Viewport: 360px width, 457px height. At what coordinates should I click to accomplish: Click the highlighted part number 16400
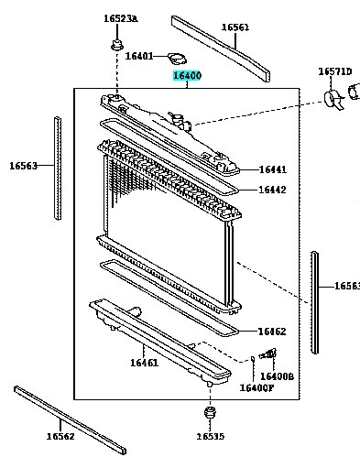click(187, 75)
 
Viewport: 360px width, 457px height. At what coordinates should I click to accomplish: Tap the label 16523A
click(121, 18)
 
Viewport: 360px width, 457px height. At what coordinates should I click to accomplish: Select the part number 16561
click(235, 27)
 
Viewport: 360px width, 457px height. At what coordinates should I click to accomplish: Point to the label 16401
click(139, 56)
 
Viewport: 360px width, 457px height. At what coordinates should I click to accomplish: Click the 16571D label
click(335, 71)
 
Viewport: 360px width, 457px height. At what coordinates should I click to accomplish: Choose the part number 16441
click(273, 169)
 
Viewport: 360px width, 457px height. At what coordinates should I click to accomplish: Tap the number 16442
click(272, 190)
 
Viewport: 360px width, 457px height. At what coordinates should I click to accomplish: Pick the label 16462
click(272, 332)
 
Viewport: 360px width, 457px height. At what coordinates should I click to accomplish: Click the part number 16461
click(145, 363)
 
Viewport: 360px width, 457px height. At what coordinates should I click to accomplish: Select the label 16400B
click(277, 376)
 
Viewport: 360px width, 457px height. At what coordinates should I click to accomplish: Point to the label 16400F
click(256, 387)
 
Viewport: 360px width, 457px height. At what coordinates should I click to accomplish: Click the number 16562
click(60, 436)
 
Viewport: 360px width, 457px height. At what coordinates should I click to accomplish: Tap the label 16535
click(210, 437)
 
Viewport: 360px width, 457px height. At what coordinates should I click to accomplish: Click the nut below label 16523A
click(117, 45)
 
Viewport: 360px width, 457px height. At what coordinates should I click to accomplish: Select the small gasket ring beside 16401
click(177, 59)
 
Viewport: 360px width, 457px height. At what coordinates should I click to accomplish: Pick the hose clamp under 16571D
click(334, 100)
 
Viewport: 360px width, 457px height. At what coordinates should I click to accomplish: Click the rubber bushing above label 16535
click(210, 413)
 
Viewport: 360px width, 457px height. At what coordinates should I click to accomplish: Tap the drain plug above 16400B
click(267, 354)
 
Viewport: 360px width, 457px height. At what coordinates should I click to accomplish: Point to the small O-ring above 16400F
click(253, 358)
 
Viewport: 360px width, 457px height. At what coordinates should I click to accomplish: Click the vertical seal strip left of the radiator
click(58, 168)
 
